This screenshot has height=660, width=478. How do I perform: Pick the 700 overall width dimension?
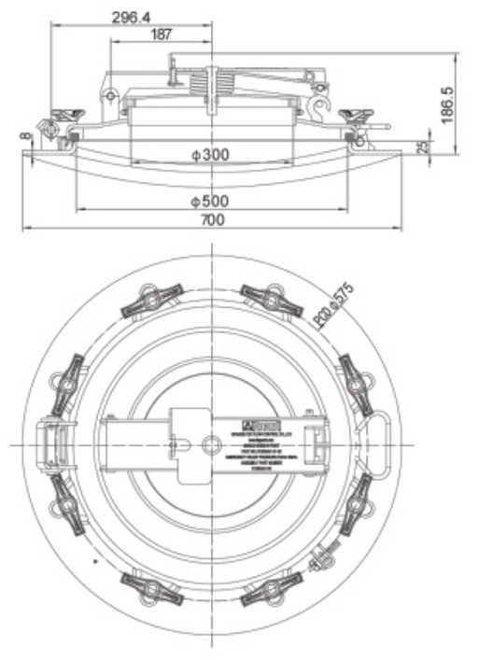point(213,220)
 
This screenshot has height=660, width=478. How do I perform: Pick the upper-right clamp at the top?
point(270,298)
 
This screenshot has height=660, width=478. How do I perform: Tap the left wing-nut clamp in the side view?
point(65,117)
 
